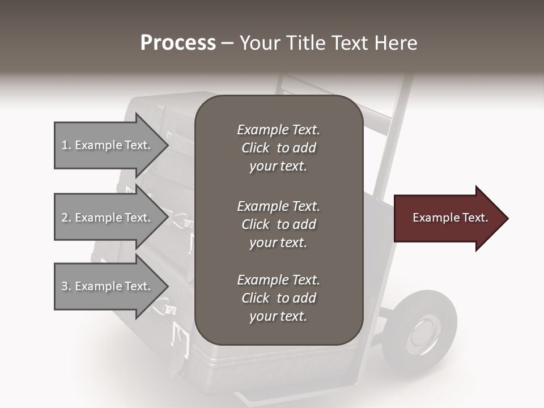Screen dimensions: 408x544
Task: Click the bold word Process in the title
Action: tap(178, 43)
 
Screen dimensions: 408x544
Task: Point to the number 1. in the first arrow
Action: tap(66, 146)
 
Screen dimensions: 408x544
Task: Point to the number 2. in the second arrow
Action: tap(66, 218)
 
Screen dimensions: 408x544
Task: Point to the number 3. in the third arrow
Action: tap(66, 286)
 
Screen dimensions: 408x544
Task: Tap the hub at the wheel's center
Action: tap(422, 333)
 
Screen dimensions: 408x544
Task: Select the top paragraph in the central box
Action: tap(278, 148)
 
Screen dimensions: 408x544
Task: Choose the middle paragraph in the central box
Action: tap(278, 224)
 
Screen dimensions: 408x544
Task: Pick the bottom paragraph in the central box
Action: tap(278, 298)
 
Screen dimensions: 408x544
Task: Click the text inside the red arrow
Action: tap(450, 218)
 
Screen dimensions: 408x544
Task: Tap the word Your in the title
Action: tap(258, 43)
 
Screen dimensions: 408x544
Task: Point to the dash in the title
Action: tap(227, 43)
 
